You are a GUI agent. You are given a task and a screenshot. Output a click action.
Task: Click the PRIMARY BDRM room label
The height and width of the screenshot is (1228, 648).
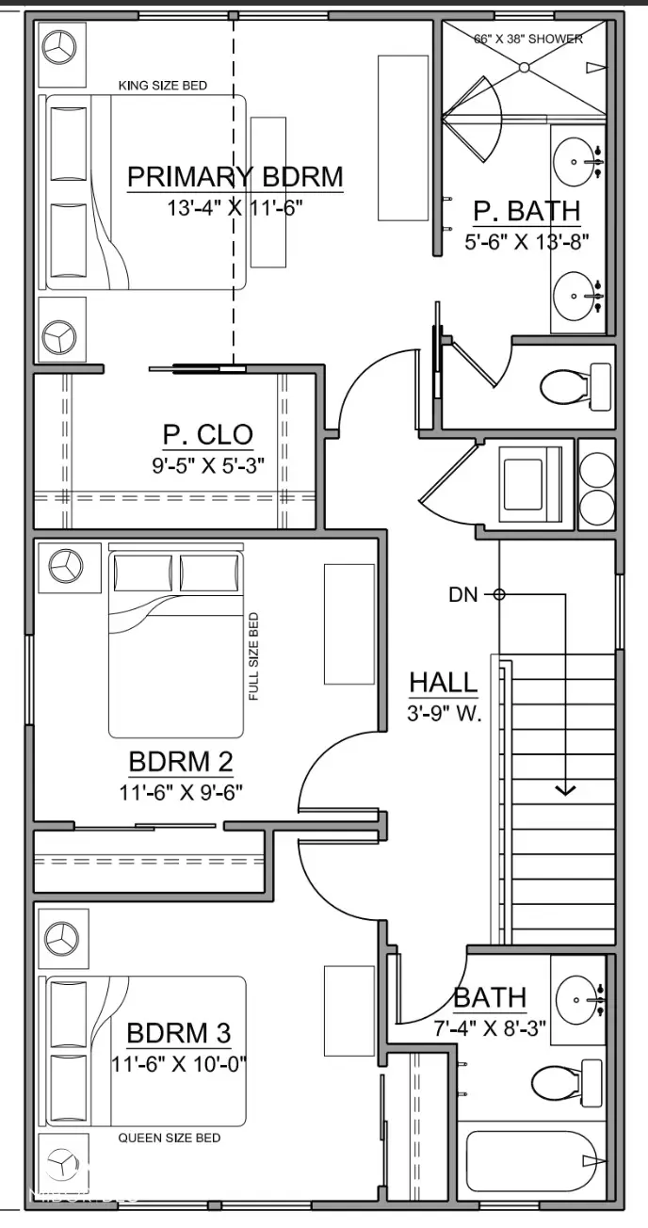click(235, 177)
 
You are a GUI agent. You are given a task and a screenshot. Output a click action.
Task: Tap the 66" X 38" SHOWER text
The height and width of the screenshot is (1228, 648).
click(527, 39)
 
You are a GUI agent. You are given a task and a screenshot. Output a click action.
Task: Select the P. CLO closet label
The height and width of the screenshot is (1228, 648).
click(208, 434)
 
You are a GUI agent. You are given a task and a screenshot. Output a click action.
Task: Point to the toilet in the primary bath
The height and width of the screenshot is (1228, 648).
click(573, 386)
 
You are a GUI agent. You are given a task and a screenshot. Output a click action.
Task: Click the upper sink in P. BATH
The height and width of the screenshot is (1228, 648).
click(576, 162)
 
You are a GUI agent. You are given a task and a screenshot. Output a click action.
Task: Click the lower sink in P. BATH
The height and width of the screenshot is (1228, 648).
click(576, 296)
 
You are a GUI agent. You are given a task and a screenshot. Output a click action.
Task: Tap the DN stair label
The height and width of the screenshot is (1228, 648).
click(462, 594)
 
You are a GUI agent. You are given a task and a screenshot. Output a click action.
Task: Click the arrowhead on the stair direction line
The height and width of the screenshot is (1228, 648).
click(565, 789)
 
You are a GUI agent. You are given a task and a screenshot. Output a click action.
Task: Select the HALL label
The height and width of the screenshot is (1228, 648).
click(443, 683)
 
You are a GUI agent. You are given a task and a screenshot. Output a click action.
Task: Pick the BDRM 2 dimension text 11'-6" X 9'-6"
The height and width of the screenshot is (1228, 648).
click(181, 791)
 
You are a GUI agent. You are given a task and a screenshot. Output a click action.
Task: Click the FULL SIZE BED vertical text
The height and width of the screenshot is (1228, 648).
click(253, 656)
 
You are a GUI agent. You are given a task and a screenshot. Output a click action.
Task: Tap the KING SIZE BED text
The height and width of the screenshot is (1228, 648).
click(162, 86)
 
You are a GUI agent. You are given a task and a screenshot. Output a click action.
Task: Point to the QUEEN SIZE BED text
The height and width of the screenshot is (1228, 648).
click(170, 1138)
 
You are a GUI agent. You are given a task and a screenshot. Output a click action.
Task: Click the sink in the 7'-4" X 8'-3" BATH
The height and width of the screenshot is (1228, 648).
click(578, 998)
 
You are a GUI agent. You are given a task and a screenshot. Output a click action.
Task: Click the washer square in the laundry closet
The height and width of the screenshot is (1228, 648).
click(530, 486)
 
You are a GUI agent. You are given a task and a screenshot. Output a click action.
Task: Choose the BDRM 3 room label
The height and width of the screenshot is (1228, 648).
click(179, 1033)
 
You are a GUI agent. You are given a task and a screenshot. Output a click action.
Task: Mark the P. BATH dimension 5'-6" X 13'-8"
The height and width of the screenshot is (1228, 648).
click(526, 241)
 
